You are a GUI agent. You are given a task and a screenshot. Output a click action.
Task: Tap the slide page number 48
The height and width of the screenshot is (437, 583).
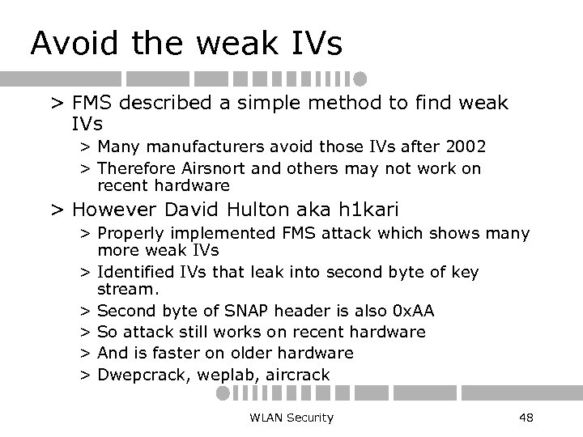(525, 418)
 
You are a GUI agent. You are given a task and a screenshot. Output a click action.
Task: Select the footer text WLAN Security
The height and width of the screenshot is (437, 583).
(292, 418)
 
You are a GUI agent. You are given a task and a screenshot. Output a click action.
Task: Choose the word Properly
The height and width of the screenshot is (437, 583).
(127, 234)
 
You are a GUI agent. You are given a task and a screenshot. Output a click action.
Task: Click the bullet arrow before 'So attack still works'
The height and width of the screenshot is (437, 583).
(84, 332)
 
